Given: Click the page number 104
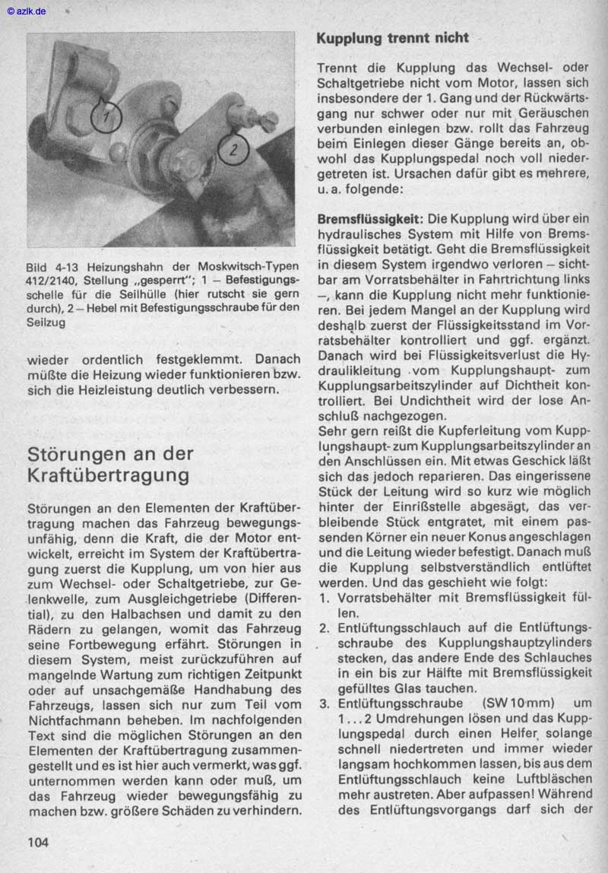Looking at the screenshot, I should [x=38, y=842].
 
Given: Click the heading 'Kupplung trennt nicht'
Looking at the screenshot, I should [x=392, y=38].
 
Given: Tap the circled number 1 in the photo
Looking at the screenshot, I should [x=106, y=116].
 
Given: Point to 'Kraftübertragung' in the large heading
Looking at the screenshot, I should [x=109, y=476].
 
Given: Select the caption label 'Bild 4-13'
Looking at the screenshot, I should [x=52, y=268].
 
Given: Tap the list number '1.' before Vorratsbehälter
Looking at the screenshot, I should [x=324, y=598].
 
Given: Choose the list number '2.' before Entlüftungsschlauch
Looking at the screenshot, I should [x=324, y=628].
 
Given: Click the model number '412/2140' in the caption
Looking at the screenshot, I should [x=52, y=281].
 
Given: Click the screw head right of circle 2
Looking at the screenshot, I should [x=268, y=119].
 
